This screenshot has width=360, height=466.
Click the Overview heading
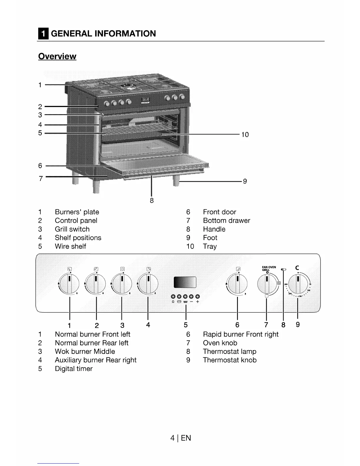coord(57,56)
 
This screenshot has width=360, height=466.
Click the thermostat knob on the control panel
coord(298,284)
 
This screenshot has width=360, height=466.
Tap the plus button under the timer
coord(198,297)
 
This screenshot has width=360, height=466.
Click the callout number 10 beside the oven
coord(245,135)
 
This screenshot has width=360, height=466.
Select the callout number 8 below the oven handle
coord(152,201)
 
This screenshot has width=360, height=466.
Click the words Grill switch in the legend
coord(72,229)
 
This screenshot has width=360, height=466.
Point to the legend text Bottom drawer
coord(226,221)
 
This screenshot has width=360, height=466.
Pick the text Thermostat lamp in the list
coord(229,352)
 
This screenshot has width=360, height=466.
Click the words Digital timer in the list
coord(74,369)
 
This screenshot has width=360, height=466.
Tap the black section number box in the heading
coord(43,34)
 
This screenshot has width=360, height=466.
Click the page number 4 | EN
coord(181,438)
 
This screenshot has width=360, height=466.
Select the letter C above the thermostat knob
coord(297,268)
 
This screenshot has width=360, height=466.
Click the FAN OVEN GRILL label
coord(269,268)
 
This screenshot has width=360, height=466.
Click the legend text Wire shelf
coord(70,246)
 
